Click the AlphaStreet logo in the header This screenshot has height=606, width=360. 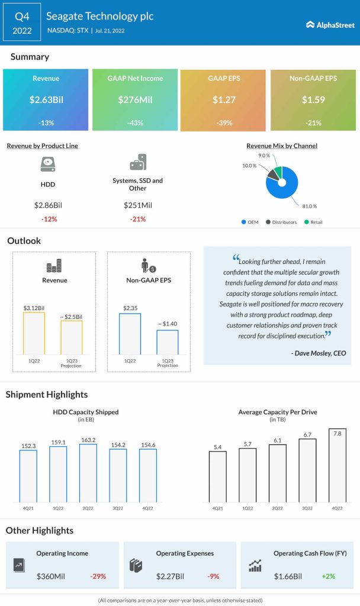pyautogui.click(x=330, y=24)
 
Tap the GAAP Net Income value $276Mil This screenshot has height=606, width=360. pyautogui.click(x=135, y=99)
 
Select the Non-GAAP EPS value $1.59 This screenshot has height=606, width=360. pyautogui.click(x=314, y=99)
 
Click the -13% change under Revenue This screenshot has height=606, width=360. pyautogui.click(x=45, y=123)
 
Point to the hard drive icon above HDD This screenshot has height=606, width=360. pyautogui.click(x=47, y=164)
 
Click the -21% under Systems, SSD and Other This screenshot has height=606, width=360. pyautogui.click(x=137, y=219)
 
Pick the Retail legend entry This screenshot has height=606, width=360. pyautogui.click(x=314, y=223)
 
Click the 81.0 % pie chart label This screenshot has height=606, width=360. pyautogui.click(x=309, y=206)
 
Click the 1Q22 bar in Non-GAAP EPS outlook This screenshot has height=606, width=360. pyautogui.click(x=130, y=333)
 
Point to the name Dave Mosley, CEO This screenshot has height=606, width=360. pyautogui.click(x=318, y=353)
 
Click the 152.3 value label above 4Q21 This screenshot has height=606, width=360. pyautogui.click(x=28, y=446)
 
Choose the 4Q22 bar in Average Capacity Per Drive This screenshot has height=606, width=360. pyautogui.click(x=337, y=466)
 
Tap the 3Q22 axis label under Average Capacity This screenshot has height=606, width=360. pyautogui.click(x=307, y=508)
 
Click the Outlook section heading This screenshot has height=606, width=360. pyautogui.click(x=24, y=241)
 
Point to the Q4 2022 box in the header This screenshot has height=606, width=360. pyautogui.click(x=22, y=21)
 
